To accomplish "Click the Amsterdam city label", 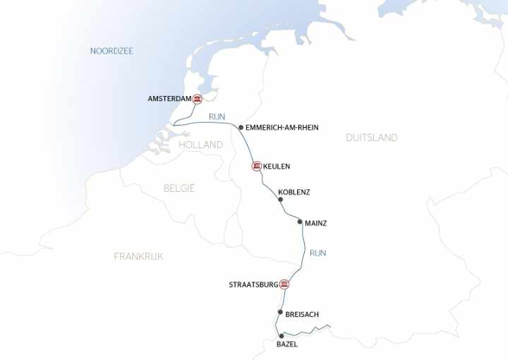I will [x=169, y=99].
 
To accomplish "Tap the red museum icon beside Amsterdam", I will [x=198, y=99].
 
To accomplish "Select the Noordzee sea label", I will [x=111, y=51].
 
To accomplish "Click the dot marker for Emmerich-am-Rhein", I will [x=241, y=128].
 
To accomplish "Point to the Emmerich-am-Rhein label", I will [x=282, y=128].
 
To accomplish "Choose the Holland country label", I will [x=200, y=145].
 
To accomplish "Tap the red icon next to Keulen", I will [x=256, y=167].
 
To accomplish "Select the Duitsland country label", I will [x=371, y=138].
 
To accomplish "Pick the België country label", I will [x=179, y=188].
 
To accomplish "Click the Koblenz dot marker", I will [x=280, y=200].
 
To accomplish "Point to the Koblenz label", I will [x=294, y=192].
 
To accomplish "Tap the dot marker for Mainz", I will [x=300, y=222].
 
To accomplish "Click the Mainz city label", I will [x=315, y=223].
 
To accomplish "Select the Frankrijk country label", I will [x=138, y=256].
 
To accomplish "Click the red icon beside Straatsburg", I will [x=284, y=284].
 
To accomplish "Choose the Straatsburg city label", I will [x=253, y=285].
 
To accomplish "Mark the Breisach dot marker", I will [x=280, y=312].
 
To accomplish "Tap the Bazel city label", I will [x=287, y=344].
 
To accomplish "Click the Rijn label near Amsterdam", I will [x=217, y=116].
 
